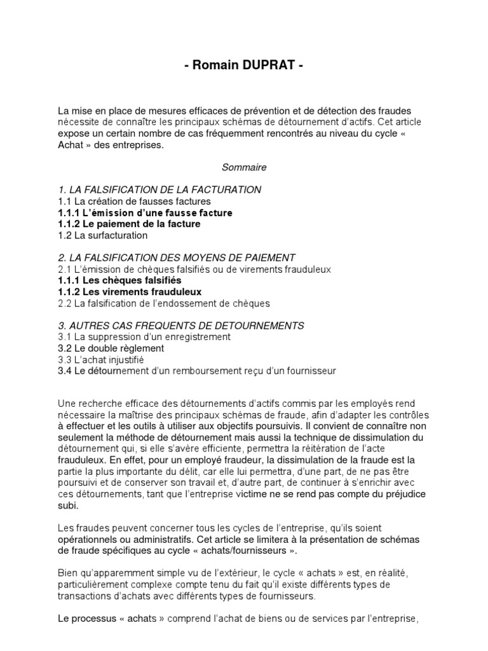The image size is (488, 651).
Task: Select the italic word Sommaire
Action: coord(244,167)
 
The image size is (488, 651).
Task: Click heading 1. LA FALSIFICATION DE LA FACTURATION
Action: coord(159,189)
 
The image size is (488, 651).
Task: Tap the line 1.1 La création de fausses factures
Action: coord(134,201)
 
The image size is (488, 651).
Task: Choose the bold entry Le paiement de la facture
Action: coord(142,224)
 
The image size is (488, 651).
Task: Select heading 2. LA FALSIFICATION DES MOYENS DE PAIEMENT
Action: coord(176,257)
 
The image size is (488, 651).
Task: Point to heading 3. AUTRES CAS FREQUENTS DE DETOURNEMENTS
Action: coord(180,325)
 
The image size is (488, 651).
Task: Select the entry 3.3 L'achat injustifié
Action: coord(105,360)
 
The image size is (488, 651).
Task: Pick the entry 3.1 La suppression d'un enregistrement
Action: coord(144,337)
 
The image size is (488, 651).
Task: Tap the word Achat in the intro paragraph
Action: coord(70,144)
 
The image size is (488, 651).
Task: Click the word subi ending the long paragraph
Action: coord(68,506)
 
